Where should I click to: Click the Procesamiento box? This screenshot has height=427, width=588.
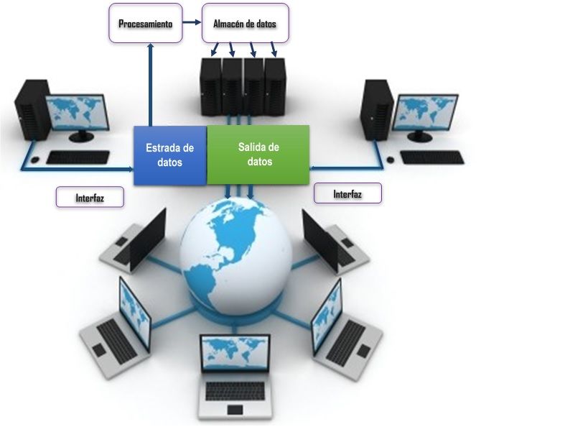pos(146,24)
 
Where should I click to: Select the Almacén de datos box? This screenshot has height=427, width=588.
pos(245,24)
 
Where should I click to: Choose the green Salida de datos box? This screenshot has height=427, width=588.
pos(258,154)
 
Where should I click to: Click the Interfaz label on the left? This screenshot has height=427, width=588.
pos(90,197)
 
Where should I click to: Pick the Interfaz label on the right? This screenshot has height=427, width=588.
pos(347,193)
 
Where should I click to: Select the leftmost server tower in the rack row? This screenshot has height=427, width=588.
pos(211,86)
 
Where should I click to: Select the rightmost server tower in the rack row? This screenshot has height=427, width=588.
pos(275,86)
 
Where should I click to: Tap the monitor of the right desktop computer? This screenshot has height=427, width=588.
pos(426,112)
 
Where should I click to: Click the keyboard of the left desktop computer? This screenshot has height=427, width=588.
pos(78,157)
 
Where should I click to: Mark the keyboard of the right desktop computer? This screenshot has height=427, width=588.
pos(432,157)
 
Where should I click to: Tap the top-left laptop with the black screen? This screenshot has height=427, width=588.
pos(136,237)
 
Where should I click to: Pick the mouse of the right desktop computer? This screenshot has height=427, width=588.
pos(390,159)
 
